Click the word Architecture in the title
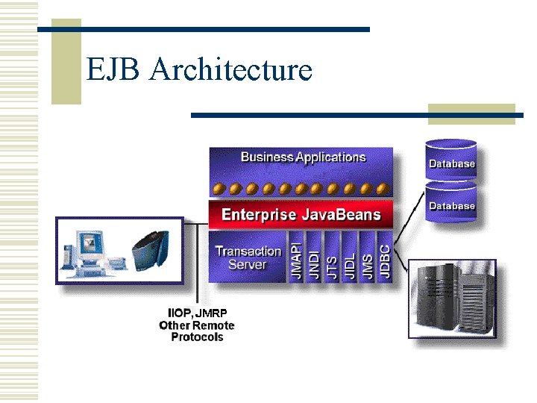point(230,70)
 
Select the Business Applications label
point(303,157)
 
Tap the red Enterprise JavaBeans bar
point(301,216)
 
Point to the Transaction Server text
point(248,257)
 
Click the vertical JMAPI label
point(297,257)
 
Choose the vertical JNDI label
point(315,257)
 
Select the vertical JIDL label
point(350,257)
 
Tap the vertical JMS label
point(368,257)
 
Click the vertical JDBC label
point(385,257)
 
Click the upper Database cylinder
point(451,160)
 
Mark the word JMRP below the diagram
point(212,313)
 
